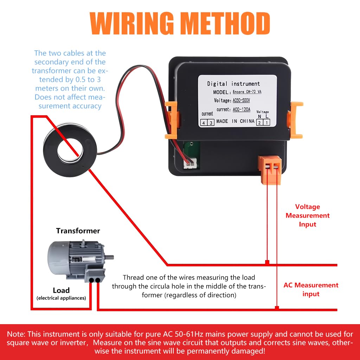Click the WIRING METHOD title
point(180,24)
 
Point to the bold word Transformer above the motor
point(78,231)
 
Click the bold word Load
point(61,290)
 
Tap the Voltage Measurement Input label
point(307,216)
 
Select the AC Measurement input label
point(311,289)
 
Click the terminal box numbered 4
point(204,123)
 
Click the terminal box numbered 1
point(267,123)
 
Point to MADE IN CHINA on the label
point(235,121)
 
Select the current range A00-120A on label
point(242,110)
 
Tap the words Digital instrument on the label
point(233,84)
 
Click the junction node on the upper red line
point(267,263)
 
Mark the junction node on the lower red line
point(277,308)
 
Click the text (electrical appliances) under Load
point(61,298)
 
